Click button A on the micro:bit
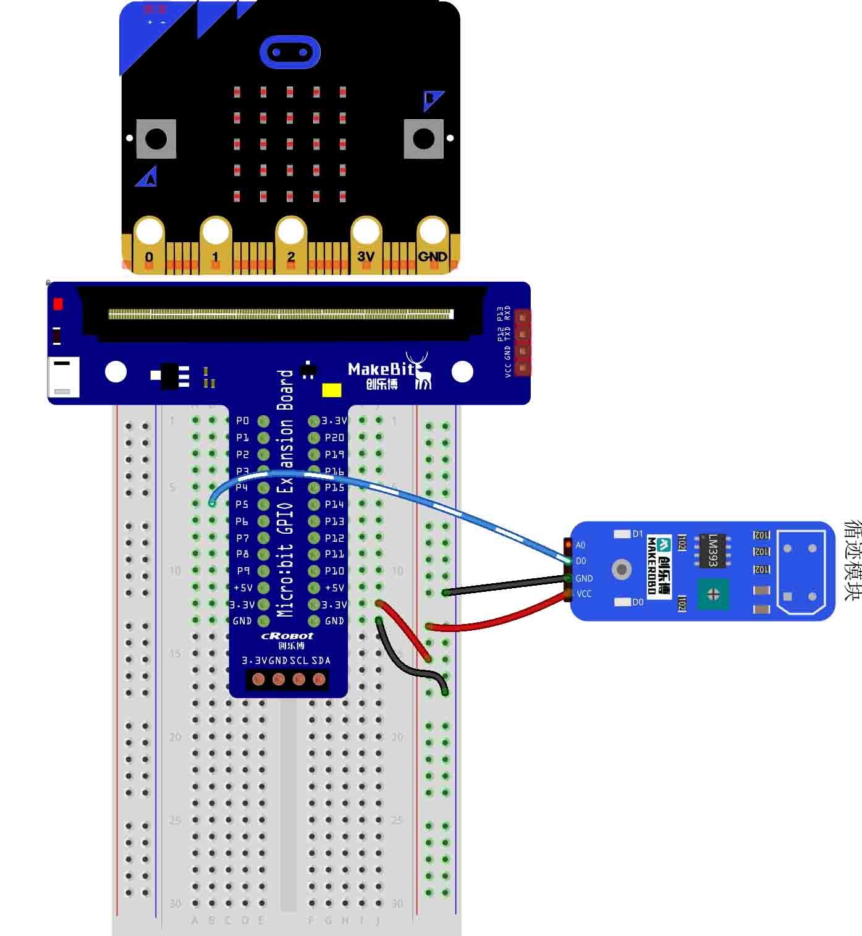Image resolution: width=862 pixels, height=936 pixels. tap(156, 139)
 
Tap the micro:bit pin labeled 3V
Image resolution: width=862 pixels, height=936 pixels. tap(366, 234)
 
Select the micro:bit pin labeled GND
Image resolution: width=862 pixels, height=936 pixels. tap(433, 234)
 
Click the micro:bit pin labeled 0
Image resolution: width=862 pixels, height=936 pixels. tap(149, 234)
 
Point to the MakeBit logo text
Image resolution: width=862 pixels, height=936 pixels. tap(381, 369)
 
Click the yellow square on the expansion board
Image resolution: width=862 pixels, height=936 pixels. tap(332, 390)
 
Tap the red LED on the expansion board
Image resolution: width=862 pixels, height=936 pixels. tap(58, 304)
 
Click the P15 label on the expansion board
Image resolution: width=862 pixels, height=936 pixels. tap(334, 487)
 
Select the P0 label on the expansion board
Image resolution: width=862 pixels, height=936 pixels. tap(242, 421)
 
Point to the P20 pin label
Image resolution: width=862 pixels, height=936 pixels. tap(334, 437)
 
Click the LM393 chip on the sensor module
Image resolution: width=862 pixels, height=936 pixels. tap(712, 549)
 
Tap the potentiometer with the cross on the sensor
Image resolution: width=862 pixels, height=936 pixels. tap(713, 594)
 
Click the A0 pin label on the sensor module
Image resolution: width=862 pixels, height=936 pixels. tap(581, 545)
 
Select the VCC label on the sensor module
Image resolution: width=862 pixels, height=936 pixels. tap(584, 594)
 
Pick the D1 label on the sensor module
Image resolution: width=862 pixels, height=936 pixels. tap(638, 534)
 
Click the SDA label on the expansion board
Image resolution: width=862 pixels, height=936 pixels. tap(321, 660)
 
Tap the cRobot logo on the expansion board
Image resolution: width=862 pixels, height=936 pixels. tap(287, 636)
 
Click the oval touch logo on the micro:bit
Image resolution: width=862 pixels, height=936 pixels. tap(290, 52)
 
